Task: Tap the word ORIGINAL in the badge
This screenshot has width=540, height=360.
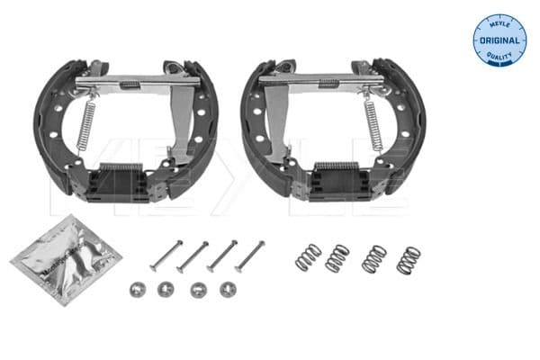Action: tap(499, 40)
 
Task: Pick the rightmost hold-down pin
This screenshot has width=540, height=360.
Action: tap(250, 256)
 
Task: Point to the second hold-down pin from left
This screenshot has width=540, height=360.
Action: tap(193, 256)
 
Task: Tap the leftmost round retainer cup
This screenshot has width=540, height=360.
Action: tap(139, 289)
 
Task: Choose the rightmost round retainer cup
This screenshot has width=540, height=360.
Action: tap(229, 290)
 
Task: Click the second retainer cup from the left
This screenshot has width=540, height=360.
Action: tap(166, 290)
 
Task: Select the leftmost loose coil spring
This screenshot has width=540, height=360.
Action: tap(308, 256)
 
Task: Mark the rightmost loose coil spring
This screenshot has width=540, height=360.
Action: tap(408, 260)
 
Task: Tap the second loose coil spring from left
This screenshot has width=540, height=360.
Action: tap(337, 258)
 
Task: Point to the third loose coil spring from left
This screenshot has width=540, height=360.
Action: tap(373, 259)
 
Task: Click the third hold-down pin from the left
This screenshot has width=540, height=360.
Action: tap(221, 256)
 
